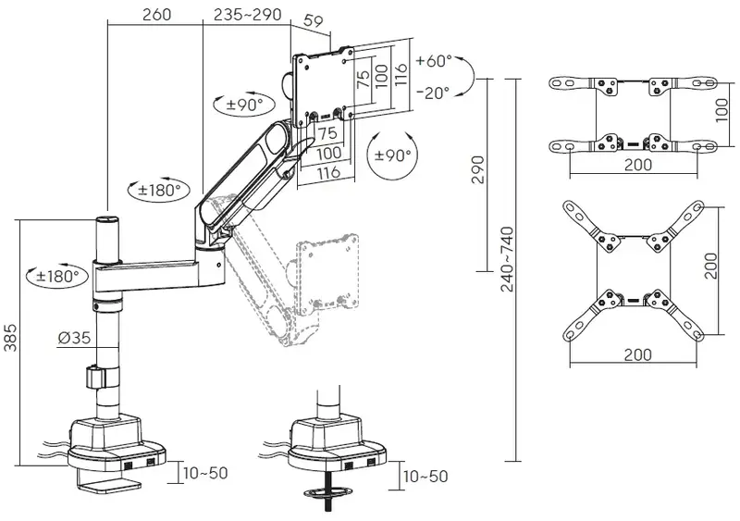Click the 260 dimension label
pos(156,14)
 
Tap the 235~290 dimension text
pos(247,14)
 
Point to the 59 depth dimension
pos(314,21)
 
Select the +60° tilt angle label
pos(434,61)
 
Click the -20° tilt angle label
pos(433,93)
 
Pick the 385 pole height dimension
pos(10,337)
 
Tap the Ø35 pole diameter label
pos(74,337)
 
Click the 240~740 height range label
pos(507,259)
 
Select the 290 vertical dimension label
pos(477,169)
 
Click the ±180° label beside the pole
pos(57,276)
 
